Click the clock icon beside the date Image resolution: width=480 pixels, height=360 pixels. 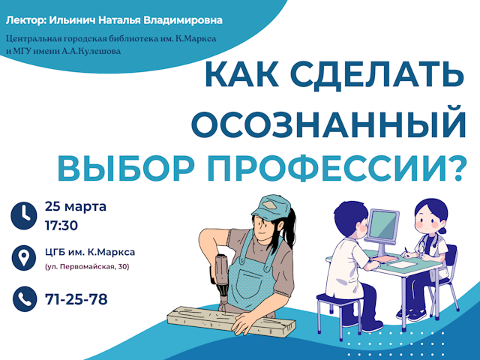tap(24, 214)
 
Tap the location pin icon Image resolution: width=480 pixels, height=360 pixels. tap(24, 258)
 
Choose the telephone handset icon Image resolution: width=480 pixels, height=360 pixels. tap(24, 299)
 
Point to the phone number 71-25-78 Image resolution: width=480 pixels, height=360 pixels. tap(76, 299)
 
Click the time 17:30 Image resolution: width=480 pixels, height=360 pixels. tap(61, 223)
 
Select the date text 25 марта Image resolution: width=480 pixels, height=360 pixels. tap(76, 206)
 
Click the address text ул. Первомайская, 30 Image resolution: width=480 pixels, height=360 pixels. tap(87, 266)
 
